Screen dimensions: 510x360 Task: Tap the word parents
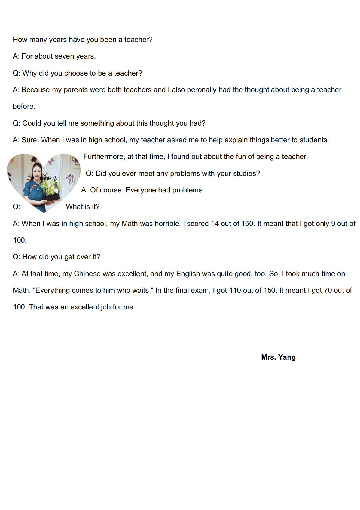(x=76, y=90)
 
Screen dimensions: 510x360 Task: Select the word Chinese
(x=87, y=274)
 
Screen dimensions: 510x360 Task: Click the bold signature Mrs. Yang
(x=278, y=357)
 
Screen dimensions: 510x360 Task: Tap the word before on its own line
(x=24, y=107)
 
